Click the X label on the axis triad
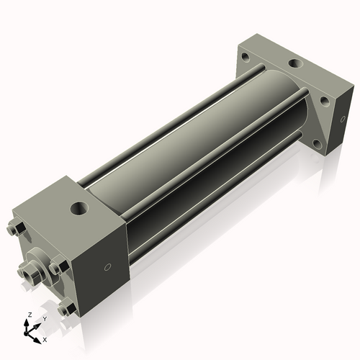[45, 338]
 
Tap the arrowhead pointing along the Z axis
[30, 322]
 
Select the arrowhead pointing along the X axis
[38, 336]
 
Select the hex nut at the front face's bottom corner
[68, 310]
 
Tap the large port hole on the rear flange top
[295, 64]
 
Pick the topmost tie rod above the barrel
[180, 108]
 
